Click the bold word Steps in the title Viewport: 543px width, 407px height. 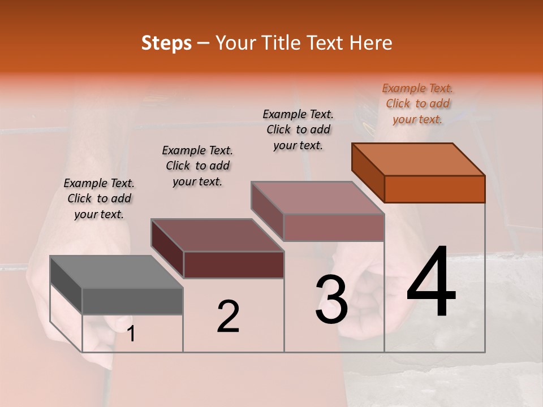pyautogui.click(x=166, y=43)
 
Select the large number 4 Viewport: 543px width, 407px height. pyautogui.click(x=431, y=282)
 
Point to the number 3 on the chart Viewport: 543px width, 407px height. pyautogui.click(x=331, y=300)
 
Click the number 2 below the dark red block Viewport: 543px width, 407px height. pyautogui.click(x=229, y=317)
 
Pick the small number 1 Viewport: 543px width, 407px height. pyautogui.click(x=131, y=334)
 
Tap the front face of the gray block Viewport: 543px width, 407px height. pyautogui.click(x=132, y=301)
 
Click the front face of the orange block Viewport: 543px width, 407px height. pyautogui.click(x=434, y=189)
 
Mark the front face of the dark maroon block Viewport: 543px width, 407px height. pyautogui.click(x=234, y=265)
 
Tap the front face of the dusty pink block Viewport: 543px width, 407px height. pyautogui.click(x=334, y=227)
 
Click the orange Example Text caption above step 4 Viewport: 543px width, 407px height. pyautogui.click(x=417, y=103)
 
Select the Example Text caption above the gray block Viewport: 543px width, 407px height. pyautogui.click(x=99, y=198)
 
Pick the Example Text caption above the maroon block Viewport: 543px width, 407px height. pyautogui.click(x=197, y=166)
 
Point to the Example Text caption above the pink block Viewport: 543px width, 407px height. pyautogui.click(x=298, y=129)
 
